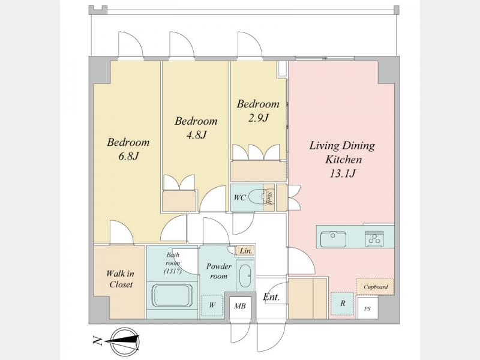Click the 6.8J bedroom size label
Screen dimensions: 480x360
tap(129, 157)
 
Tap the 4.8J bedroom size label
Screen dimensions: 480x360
tap(197, 134)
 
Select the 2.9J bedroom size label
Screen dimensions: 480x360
tap(258, 118)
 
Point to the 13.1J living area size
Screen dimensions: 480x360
tap(343, 173)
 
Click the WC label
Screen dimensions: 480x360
tap(239, 198)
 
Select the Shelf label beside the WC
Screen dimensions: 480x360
tap(269, 198)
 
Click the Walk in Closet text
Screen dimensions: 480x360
tap(121, 279)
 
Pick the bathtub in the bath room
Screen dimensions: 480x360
tap(172, 295)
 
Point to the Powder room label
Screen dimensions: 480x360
tap(218, 271)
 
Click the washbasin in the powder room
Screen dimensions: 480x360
tap(245, 275)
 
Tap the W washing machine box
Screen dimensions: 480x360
tap(212, 305)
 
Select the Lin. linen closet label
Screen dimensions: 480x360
tap(246, 251)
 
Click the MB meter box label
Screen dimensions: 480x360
tap(240, 306)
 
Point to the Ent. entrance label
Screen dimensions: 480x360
tap(271, 296)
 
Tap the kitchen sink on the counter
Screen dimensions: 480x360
tap(334, 239)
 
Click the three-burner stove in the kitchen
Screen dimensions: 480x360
tap(374, 239)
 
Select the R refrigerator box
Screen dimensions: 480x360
tap(343, 304)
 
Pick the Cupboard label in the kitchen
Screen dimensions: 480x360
tap(376, 287)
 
